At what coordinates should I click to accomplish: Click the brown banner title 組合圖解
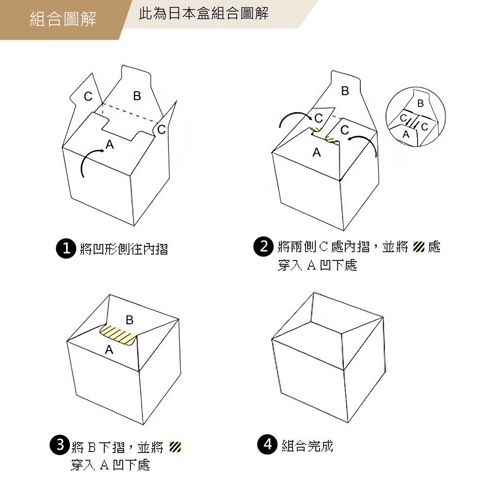point(63,19)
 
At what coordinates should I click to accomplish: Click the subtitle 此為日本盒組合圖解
point(204,14)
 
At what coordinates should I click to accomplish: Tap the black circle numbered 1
point(65,249)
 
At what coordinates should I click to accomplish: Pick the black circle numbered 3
point(60,445)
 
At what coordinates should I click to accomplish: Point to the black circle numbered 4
point(267,445)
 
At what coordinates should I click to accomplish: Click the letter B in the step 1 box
point(137,96)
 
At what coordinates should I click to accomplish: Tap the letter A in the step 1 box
point(110,144)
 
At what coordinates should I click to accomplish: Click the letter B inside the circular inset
point(420,104)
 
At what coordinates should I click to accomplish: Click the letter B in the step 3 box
point(129,320)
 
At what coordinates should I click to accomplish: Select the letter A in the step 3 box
point(109,349)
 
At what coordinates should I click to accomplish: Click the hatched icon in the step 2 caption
point(418,247)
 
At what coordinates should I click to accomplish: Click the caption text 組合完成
point(307,445)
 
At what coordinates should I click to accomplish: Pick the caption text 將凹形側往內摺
point(124,249)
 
